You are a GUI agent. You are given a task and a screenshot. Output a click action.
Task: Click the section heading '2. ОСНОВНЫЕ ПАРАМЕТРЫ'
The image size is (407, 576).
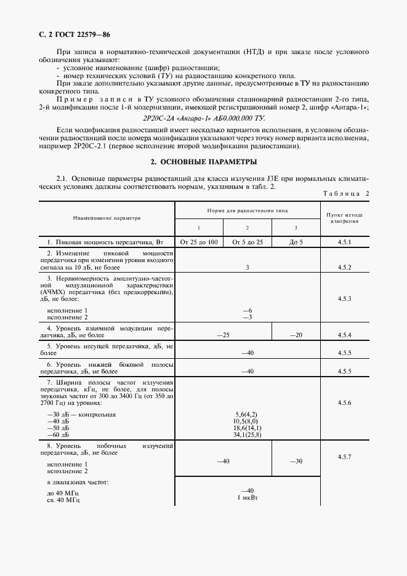204,162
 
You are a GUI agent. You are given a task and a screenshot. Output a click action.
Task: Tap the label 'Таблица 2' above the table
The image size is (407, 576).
345,194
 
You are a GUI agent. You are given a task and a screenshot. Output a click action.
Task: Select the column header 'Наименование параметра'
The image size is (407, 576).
107,218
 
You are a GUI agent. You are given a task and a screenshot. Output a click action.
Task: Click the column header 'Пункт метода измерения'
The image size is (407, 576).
345,218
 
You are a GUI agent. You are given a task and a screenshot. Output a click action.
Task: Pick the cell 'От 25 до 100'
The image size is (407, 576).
198,242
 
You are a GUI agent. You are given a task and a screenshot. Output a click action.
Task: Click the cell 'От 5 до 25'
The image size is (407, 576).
247,242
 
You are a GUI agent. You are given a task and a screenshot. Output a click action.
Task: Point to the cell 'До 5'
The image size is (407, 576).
296,242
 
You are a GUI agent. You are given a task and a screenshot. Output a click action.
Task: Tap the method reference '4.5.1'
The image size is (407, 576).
345,242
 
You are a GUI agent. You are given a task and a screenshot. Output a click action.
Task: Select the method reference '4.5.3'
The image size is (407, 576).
345,298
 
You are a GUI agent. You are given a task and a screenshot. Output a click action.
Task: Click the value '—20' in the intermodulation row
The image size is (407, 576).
296,335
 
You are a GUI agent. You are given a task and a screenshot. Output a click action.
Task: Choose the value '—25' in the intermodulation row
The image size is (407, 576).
223,335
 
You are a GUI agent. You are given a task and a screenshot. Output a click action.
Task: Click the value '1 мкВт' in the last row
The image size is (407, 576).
247,497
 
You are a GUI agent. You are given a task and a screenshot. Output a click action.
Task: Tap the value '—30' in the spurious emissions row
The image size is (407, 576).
296,461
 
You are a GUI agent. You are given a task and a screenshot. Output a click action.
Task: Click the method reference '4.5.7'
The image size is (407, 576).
345,457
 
